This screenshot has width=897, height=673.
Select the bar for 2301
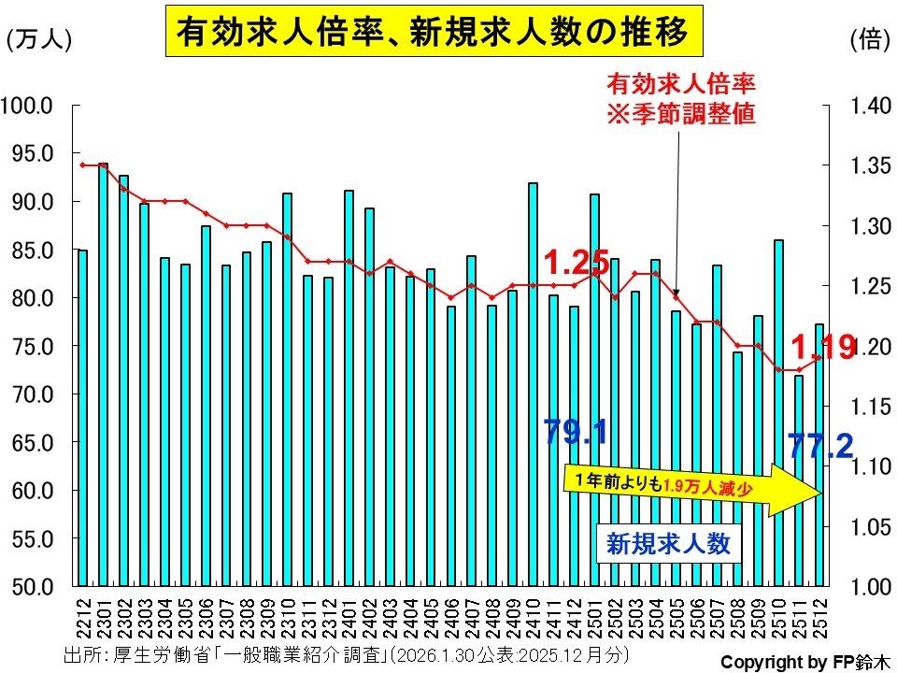point(103,374)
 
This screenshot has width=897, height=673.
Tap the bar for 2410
point(534,383)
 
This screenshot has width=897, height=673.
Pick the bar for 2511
point(799,480)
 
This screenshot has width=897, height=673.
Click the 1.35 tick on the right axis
point(871,166)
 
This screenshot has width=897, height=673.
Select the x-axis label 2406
point(452,617)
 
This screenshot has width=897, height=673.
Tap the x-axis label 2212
point(83,617)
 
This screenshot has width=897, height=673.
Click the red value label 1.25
point(577,259)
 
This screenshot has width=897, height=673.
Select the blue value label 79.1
point(576,432)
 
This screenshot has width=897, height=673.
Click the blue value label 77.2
point(821,447)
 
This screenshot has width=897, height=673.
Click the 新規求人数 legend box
point(668,543)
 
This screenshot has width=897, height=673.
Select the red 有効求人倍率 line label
point(680,98)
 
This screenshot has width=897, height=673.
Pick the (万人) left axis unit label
point(38,39)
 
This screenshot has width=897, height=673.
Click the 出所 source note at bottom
point(346,652)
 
